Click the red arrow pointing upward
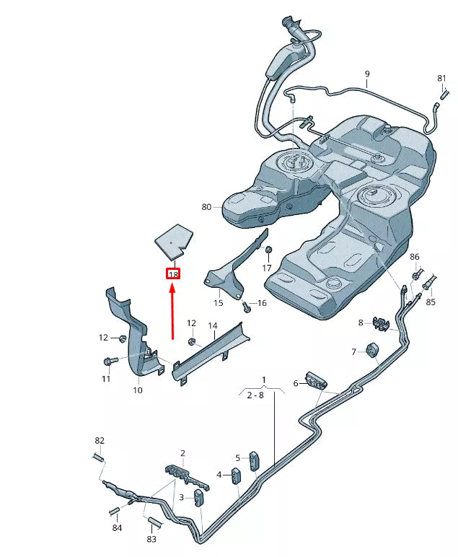point(172,310)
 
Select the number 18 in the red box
point(173,274)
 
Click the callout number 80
point(207,207)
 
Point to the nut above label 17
point(268,250)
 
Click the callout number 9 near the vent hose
point(366,74)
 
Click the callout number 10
point(138,390)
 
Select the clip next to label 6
point(317,380)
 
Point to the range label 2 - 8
point(255,395)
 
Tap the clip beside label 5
point(254,460)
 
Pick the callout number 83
point(151,539)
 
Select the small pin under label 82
point(100,457)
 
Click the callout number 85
point(431,302)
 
